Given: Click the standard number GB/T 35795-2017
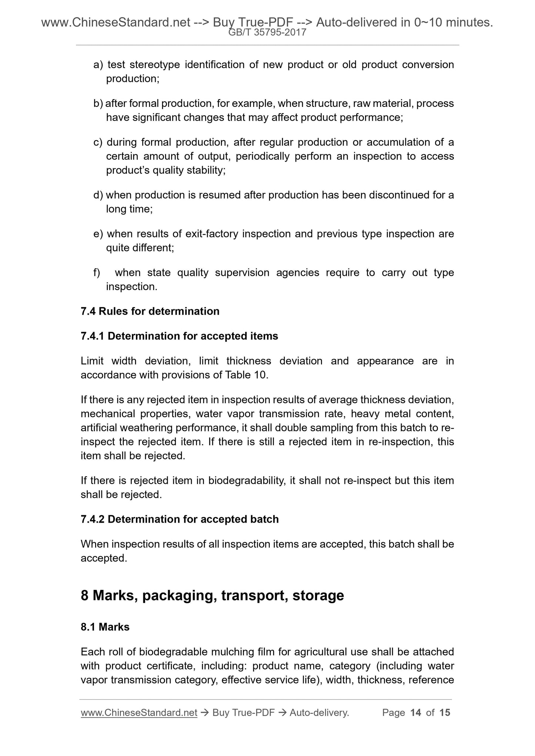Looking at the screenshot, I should pos(267,33).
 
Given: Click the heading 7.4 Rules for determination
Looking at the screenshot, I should pos(150,311).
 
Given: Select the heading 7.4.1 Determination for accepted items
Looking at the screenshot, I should pos(179,336).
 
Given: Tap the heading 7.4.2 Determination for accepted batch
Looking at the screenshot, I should pos(180,519).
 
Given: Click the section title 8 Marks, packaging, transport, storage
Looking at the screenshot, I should pos(212,596).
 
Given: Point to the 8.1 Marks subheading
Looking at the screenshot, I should pos(105,627).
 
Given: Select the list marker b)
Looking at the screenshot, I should pos(98,104).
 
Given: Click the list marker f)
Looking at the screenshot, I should pos(97,273).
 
